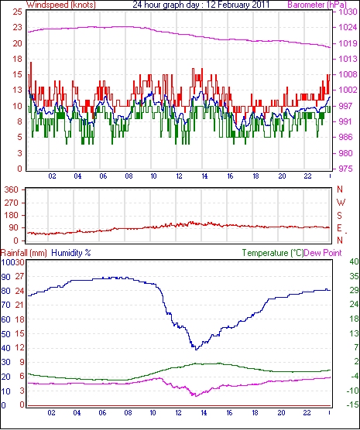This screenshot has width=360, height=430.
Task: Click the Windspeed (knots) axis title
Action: [x=60, y=5]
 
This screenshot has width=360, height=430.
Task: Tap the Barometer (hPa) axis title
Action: [x=317, y=5]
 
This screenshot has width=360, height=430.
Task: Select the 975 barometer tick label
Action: [x=345, y=169]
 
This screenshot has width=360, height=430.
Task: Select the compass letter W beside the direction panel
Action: [x=341, y=203]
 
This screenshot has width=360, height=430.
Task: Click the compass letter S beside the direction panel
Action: [x=340, y=216]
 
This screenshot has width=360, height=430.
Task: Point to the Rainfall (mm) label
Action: [x=24, y=253]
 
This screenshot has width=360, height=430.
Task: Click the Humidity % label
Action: [x=71, y=253]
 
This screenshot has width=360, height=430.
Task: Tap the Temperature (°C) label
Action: [x=273, y=253]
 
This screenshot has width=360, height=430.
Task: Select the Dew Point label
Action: [x=323, y=253]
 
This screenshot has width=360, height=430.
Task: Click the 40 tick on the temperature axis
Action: [x=354, y=261]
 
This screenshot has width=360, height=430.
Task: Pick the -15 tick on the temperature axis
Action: [x=352, y=404]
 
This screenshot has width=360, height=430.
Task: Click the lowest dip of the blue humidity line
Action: [x=196, y=350]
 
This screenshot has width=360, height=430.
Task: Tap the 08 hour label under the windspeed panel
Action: [x=129, y=176]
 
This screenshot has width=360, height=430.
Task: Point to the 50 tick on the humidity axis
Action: [x=5, y=334]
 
